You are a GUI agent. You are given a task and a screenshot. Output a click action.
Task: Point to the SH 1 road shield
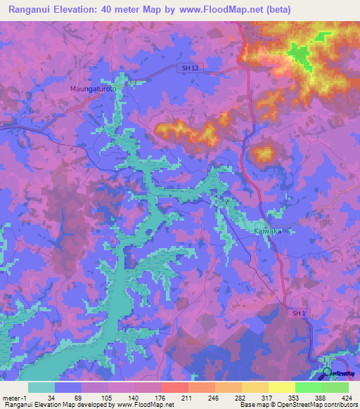299,313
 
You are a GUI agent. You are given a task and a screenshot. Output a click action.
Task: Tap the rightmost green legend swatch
335,387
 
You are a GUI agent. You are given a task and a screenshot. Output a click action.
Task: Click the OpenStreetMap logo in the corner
328,372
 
